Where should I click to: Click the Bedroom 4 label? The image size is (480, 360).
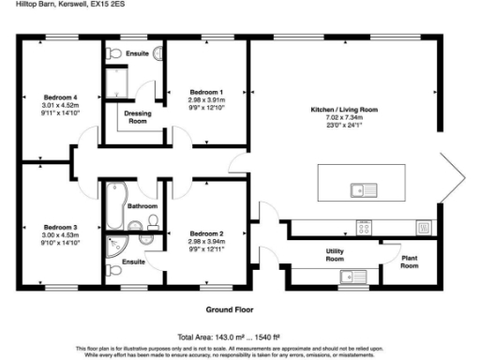[x=59, y=97]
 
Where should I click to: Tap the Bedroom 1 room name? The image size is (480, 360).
[x=205, y=92]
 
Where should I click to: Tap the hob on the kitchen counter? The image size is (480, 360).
[x=363, y=225]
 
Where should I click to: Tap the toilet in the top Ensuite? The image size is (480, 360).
[x=156, y=53]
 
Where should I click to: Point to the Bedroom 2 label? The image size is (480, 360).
[x=205, y=232]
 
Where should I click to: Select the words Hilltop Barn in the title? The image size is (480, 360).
[x=22, y=6]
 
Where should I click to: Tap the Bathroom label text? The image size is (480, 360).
[x=142, y=205]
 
